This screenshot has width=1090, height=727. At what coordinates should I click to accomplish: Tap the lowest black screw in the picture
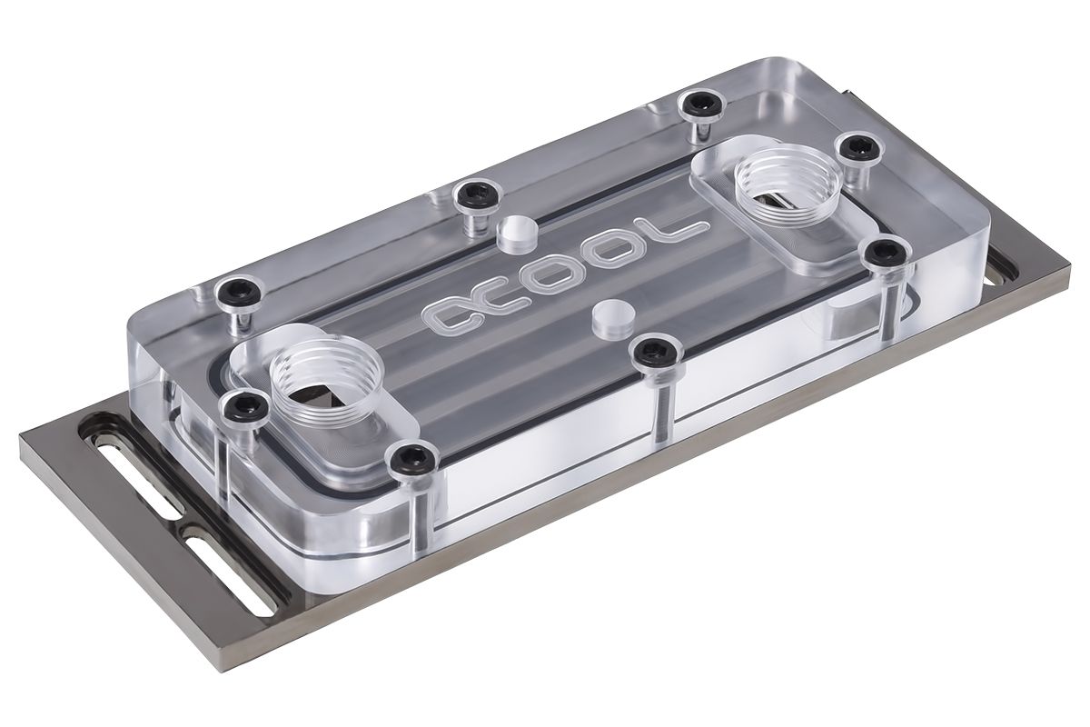pos(405,458)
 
